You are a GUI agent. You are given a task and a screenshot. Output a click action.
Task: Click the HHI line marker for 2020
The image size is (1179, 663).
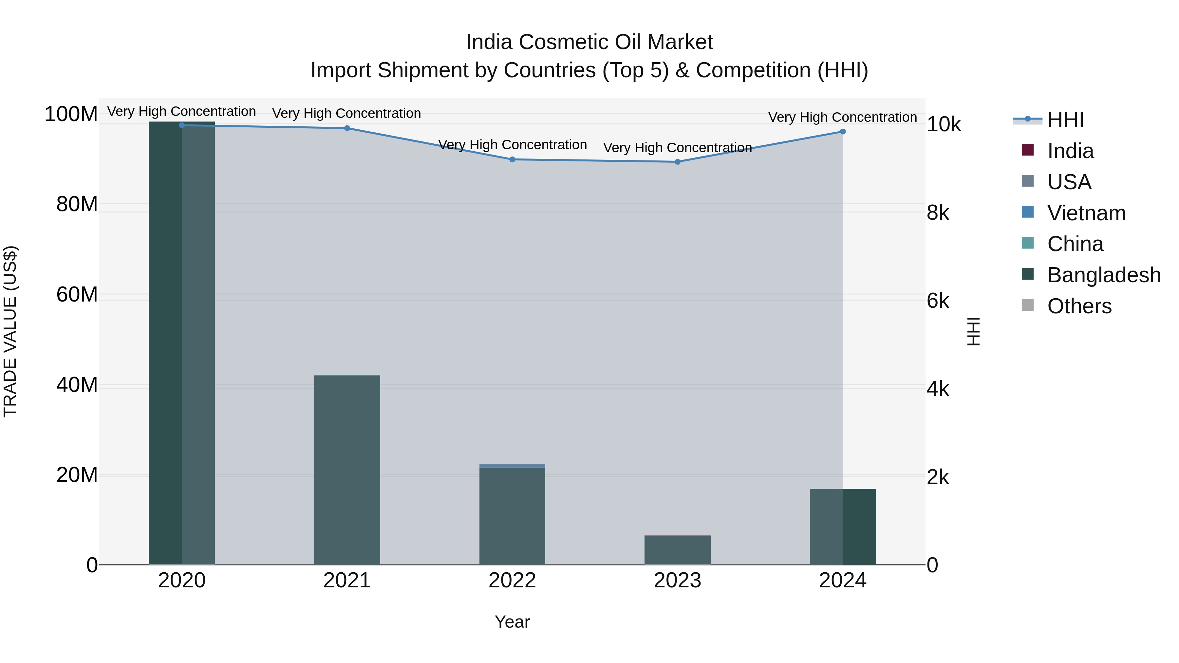(x=182, y=125)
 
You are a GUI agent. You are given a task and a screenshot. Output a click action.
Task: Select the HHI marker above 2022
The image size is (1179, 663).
(x=512, y=159)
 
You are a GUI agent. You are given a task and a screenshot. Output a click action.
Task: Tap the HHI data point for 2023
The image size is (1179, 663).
(x=677, y=161)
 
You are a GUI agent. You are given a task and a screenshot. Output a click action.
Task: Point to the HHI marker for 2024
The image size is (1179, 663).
(x=843, y=131)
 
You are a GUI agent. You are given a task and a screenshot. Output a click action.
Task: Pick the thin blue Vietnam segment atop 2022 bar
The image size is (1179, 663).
(x=512, y=465)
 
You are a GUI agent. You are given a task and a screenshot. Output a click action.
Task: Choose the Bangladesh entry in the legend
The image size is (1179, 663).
(x=1103, y=275)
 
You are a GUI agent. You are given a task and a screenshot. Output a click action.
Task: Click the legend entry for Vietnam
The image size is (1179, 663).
(x=1086, y=213)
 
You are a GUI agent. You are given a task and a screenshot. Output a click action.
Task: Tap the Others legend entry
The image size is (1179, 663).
(x=1079, y=306)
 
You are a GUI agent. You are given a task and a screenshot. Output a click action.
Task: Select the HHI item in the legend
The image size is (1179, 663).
(x=1065, y=120)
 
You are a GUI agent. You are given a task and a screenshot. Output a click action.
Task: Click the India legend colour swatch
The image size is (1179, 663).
(x=1027, y=150)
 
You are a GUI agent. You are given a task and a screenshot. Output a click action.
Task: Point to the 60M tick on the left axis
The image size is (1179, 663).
(x=76, y=294)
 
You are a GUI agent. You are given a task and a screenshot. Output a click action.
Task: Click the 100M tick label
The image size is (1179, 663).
(x=71, y=114)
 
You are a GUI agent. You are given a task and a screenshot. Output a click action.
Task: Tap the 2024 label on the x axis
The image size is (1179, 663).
(x=843, y=580)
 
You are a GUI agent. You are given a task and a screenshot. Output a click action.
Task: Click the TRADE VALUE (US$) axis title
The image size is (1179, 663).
(x=10, y=331)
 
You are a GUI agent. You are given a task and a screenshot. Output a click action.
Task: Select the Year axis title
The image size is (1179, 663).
(x=512, y=622)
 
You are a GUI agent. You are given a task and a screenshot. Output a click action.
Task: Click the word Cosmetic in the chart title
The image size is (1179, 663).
(x=565, y=42)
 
